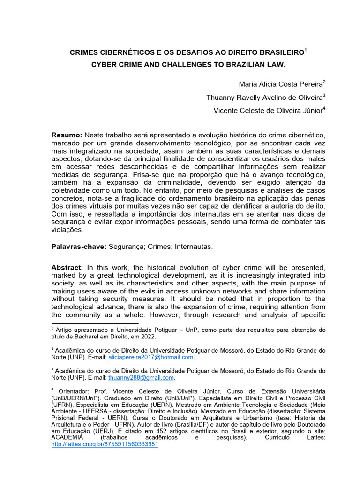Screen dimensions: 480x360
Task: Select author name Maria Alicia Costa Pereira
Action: (x=280, y=85)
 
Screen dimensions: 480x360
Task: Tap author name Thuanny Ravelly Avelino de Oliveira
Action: (x=264, y=97)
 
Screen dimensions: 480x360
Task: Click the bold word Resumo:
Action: (x=67, y=135)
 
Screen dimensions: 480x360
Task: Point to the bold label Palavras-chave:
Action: (x=79, y=246)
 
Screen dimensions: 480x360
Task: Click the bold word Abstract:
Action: (x=67, y=267)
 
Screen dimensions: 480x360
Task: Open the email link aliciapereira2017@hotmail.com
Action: (x=150, y=357)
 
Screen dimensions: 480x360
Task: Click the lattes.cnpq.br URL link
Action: (x=105, y=444)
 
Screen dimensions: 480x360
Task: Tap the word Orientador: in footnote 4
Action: (x=75, y=391)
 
